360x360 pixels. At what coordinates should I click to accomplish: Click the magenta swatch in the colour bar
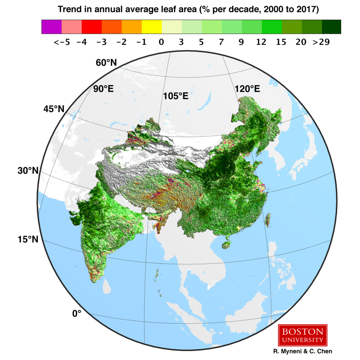tap(51, 27)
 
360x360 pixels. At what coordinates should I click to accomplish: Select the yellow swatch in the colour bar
tap(151, 27)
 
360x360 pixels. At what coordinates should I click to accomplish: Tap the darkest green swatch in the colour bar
tap(331, 27)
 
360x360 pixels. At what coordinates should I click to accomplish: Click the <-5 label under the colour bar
tap(61, 42)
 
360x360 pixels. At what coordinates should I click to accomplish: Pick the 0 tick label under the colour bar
tap(161, 42)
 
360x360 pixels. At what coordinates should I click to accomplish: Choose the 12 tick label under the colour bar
tap(261, 42)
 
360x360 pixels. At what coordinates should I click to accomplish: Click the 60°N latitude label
tap(106, 63)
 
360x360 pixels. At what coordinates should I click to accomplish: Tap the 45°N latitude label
tap(54, 109)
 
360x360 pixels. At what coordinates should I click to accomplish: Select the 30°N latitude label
tap(28, 171)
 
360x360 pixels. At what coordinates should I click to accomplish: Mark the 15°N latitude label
tap(28, 239)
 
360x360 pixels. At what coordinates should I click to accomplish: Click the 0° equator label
tap(77, 313)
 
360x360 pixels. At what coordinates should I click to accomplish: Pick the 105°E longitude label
tap(175, 96)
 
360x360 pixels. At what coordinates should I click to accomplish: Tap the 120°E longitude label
tap(247, 89)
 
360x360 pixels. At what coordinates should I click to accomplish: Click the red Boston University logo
tap(303, 335)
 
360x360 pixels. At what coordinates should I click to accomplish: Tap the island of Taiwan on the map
tap(267, 220)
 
